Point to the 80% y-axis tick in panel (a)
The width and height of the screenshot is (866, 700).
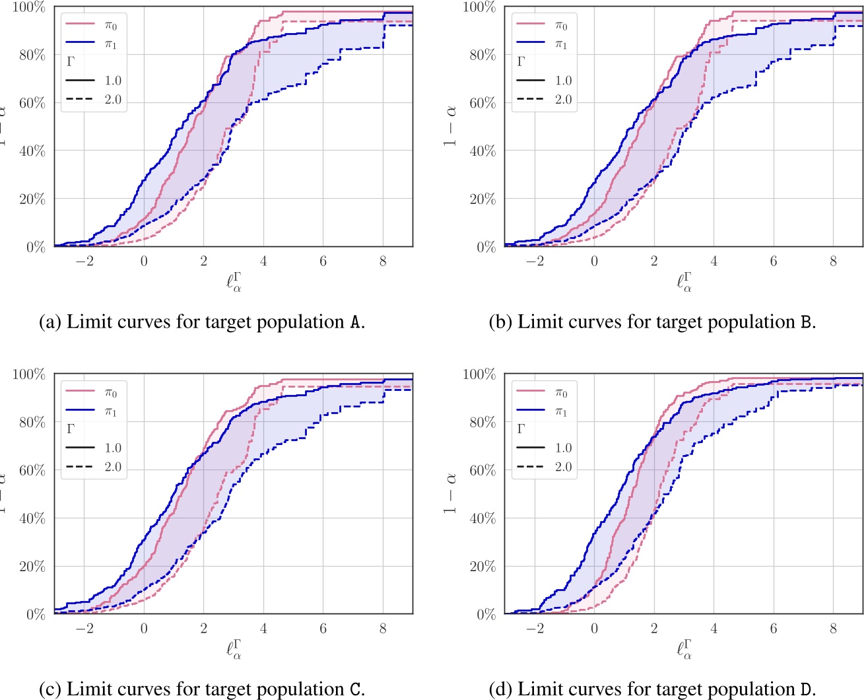click(x=32, y=55)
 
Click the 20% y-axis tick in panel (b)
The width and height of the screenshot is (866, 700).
click(x=482, y=199)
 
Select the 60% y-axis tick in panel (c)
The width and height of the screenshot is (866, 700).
click(x=32, y=470)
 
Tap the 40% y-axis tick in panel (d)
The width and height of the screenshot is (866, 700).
click(x=482, y=518)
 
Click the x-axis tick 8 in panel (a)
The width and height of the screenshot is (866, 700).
click(x=383, y=262)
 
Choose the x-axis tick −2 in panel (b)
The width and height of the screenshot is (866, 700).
click(x=535, y=262)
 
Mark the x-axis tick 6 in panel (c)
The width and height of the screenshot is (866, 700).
click(x=323, y=629)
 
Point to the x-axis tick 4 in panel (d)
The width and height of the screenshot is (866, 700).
click(x=714, y=629)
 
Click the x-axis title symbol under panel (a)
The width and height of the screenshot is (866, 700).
click(x=234, y=282)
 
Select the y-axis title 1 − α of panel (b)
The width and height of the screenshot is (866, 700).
click(x=451, y=125)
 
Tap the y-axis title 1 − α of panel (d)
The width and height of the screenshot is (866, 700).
click(x=451, y=493)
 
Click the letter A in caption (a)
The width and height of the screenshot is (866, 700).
click(x=354, y=322)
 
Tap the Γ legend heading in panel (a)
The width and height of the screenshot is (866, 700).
click(x=71, y=62)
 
